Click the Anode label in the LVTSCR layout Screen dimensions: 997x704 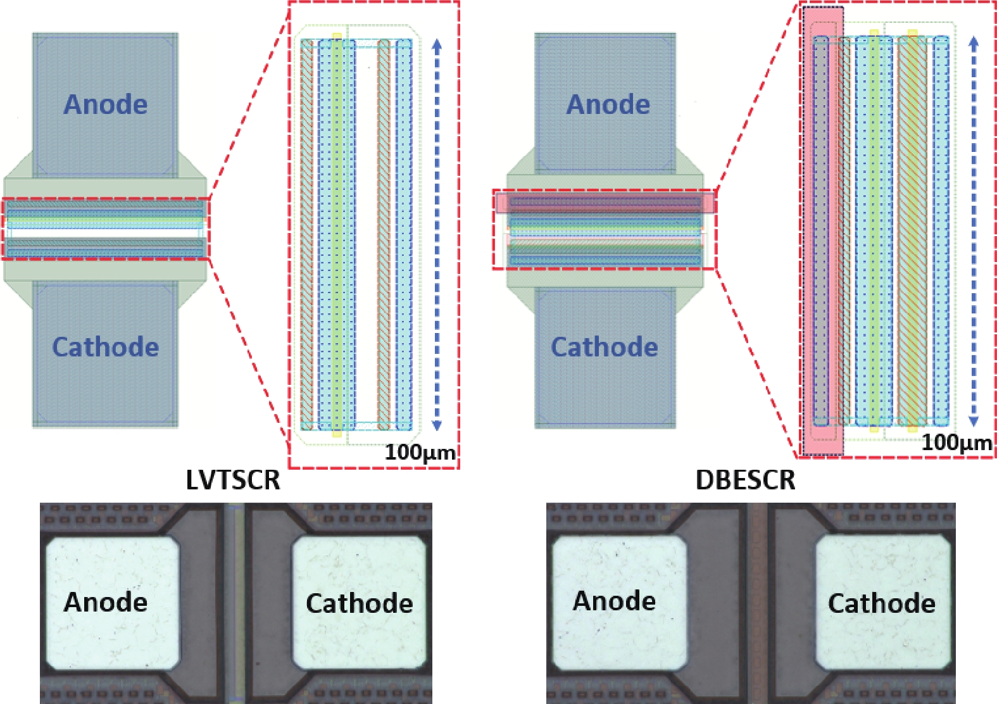[x=106, y=104]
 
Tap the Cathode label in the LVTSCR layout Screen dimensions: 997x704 [x=106, y=347]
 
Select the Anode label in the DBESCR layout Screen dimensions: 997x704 [x=608, y=104]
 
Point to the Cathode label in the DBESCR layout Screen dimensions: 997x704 [x=605, y=347]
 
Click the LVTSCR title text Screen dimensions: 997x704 [x=233, y=481]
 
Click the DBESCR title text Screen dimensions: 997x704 [x=745, y=481]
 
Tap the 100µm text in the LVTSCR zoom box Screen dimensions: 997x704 [x=420, y=453]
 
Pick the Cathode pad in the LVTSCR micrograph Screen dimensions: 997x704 [x=359, y=603]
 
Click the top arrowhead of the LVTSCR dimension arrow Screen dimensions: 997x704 [x=437, y=44]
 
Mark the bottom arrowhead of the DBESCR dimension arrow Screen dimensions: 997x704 [x=974, y=421]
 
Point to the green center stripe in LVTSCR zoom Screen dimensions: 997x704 [x=337, y=234]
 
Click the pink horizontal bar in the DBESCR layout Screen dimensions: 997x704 [x=605, y=202]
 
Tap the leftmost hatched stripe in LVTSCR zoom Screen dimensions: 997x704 [x=307, y=234]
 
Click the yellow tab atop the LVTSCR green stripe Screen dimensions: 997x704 [x=337, y=36]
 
